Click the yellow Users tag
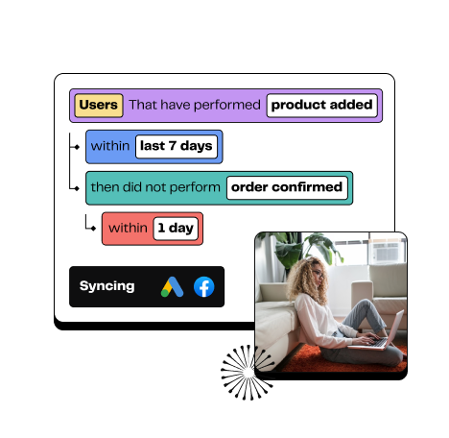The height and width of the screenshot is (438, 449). coord(99,106)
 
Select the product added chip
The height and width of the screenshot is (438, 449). coord(321,106)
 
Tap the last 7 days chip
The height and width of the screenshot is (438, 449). coord(177,146)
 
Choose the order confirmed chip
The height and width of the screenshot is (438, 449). coord(287,187)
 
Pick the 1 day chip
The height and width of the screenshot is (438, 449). coord(176,229)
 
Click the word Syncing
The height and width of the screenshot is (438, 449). coord(107,286)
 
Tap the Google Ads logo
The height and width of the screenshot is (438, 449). coord(172,286)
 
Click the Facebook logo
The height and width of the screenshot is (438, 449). coord(204,287)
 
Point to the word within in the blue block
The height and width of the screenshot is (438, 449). coord(110,146)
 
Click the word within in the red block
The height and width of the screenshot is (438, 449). coord(128,229)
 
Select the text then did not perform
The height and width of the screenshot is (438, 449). coord(155,187)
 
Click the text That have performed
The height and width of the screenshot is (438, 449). coord(195,105)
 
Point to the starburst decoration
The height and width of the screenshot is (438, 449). coord(247,373)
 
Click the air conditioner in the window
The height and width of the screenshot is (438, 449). coord(388,252)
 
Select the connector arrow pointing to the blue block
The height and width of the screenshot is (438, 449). coord(74,147)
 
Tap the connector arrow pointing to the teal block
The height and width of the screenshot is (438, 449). coord(74,188)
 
